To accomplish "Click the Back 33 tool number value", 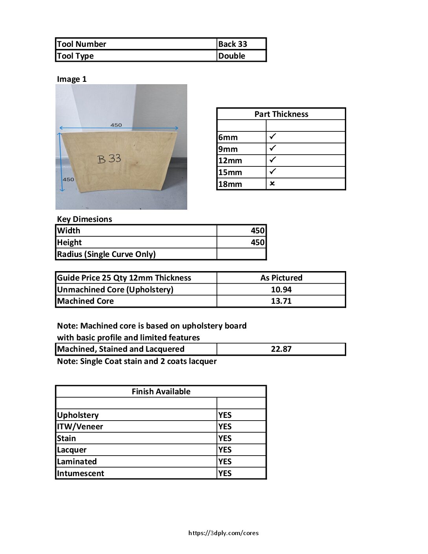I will pyautogui.click(x=232, y=44).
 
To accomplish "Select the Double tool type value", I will pyautogui.click(x=232, y=56).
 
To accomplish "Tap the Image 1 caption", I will pyautogui.click(x=72, y=79).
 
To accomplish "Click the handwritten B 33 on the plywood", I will pyautogui.click(x=109, y=159).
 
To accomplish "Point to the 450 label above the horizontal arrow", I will pyautogui.click(x=116, y=125).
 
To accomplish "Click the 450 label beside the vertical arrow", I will pyautogui.click(x=68, y=179).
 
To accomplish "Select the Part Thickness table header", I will pyautogui.click(x=281, y=114).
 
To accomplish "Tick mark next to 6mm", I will pyautogui.click(x=273, y=137).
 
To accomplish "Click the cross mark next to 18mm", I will pyautogui.click(x=272, y=183).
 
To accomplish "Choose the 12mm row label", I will pyautogui.click(x=230, y=161).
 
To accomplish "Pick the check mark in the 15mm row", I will pyautogui.click(x=273, y=172).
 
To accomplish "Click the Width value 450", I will pyautogui.click(x=258, y=231).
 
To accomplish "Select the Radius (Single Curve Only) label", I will pyautogui.click(x=106, y=254).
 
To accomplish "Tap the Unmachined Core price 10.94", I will pyautogui.click(x=281, y=290).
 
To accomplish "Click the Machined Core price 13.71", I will pyautogui.click(x=281, y=301).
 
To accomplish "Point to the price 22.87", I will pyautogui.click(x=281, y=349).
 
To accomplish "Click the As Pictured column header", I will pyautogui.click(x=281, y=278).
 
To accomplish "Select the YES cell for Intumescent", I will pyautogui.click(x=225, y=473).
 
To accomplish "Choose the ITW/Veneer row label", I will pyautogui.click(x=80, y=427).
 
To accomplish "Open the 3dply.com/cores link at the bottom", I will pyautogui.click(x=223, y=533).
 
